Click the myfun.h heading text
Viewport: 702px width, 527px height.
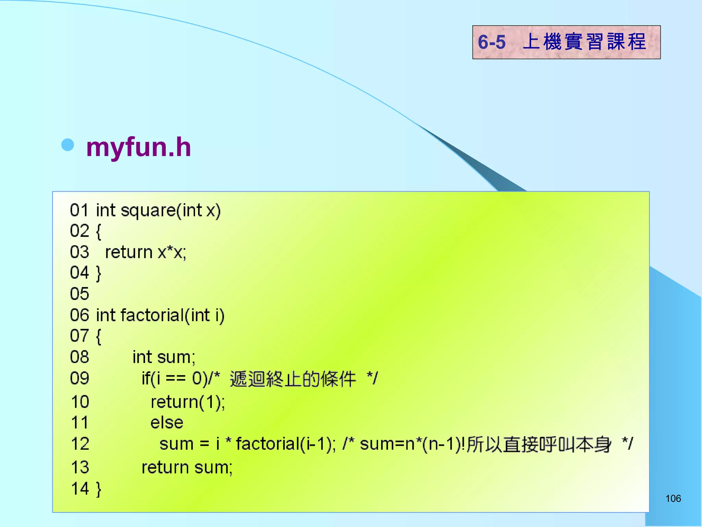pyautogui.click(x=138, y=148)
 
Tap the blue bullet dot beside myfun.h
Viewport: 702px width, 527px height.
pyautogui.click(x=68, y=145)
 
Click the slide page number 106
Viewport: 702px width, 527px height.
pyautogui.click(x=673, y=499)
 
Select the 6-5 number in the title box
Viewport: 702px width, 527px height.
pyautogui.click(x=492, y=42)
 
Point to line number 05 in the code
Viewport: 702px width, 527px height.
pyautogui.click(x=80, y=294)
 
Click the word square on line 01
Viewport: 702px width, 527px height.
pyautogui.click(x=148, y=210)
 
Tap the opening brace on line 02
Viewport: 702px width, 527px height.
pyautogui.click(x=98, y=231)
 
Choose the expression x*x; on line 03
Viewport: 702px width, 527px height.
pyautogui.click(x=172, y=253)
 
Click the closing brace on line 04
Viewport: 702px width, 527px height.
pyautogui.click(x=99, y=273)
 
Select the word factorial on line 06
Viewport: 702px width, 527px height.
pyautogui.click(x=153, y=315)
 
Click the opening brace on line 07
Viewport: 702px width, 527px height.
pyautogui.click(x=98, y=336)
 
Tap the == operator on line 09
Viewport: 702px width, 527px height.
pyautogui.click(x=175, y=379)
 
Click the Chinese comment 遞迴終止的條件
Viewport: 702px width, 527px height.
pyautogui.click(x=293, y=379)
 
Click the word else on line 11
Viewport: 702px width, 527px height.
pyautogui.click(x=167, y=423)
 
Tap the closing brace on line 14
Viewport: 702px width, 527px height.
pyautogui.click(x=99, y=489)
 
